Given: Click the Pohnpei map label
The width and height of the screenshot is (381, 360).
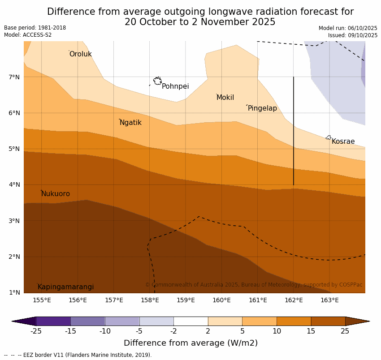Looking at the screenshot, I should pyautogui.click(x=175, y=86).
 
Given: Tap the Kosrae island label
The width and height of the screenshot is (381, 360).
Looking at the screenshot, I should pyautogui.click(x=343, y=141).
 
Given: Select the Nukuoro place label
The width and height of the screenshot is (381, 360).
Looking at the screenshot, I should pyautogui.click(x=56, y=194).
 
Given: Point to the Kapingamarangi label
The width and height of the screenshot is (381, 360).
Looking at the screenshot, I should pyautogui.click(x=66, y=287).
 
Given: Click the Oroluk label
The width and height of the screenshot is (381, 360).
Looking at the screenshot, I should pyautogui.click(x=80, y=54).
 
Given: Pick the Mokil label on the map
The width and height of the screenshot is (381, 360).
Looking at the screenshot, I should pyautogui.click(x=225, y=98).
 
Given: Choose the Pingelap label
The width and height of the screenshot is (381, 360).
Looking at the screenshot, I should pyautogui.click(x=262, y=108).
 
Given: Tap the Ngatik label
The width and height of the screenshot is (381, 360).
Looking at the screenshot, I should pyautogui.click(x=130, y=123).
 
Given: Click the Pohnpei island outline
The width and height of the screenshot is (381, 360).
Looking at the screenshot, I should pyautogui.click(x=157, y=81).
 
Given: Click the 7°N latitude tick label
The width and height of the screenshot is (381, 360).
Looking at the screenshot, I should pyautogui.click(x=14, y=77).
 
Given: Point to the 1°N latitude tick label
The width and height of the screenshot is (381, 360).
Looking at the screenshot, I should pyautogui.click(x=14, y=293).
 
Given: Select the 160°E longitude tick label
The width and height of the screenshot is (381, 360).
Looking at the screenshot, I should pyautogui.click(x=221, y=300).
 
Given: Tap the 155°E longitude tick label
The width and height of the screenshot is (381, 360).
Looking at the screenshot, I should pyautogui.click(x=42, y=300).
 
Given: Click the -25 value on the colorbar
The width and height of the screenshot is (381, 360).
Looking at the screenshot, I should pyautogui.click(x=36, y=331).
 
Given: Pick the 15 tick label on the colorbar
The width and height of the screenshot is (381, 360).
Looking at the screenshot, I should pyautogui.click(x=311, y=331).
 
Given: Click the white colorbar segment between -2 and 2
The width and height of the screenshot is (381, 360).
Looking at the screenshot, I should pyautogui.click(x=190, y=321).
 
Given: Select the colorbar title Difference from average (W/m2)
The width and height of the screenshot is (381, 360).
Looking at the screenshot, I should pyautogui.click(x=190, y=343).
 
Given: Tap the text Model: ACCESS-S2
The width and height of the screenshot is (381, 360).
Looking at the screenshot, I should pyautogui.click(x=28, y=35).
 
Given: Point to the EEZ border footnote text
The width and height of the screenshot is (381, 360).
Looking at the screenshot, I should pyautogui.click(x=78, y=355).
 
